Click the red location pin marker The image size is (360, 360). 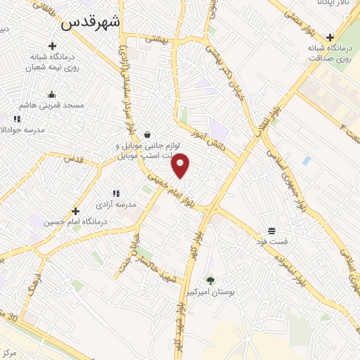(x=181, y=165)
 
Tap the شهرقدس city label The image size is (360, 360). (x=91, y=22)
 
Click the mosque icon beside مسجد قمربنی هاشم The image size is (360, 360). (x=51, y=94)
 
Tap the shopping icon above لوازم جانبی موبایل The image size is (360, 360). (x=146, y=134)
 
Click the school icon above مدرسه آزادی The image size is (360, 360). (x=116, y=193)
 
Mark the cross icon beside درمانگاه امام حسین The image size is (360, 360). (x=75, y=210)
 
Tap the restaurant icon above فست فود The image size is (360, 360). (x=271, y=231)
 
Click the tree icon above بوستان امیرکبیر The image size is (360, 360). (x=210, y=280)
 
